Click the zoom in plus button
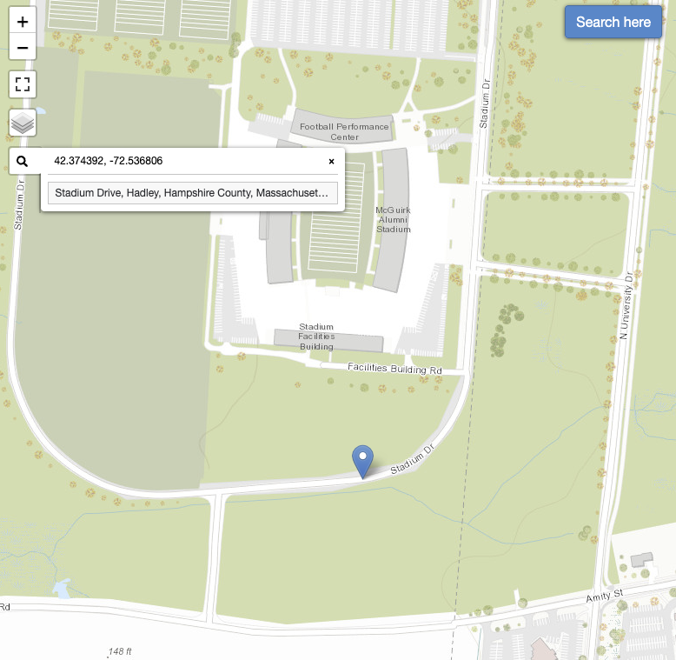tap(23, 21)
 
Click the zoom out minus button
tap(23, 47)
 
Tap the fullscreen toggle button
tap(23, 84)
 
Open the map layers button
tap(23, 123)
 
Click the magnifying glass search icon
tap(23, 161)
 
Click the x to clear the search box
tap(331, 161)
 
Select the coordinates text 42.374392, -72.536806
tap(108, 161)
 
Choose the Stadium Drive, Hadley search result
tap(192, 193)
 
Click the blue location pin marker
tap(362, 459)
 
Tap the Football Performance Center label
tap(344, 131)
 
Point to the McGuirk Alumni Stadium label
tap(394, 220)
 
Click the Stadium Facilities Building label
tap(316, 337)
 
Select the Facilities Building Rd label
tap(394, 368)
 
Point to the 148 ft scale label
tap(120, 651)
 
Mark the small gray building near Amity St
tap(642, 559)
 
